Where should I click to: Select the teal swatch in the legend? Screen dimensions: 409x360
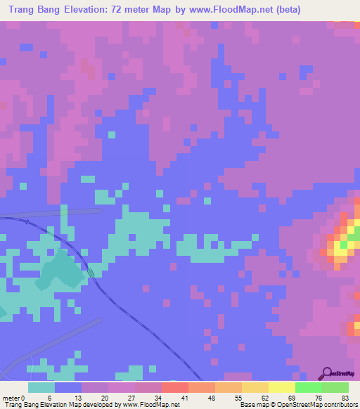pos(41,387)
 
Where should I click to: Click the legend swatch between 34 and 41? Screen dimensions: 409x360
pos(174,387)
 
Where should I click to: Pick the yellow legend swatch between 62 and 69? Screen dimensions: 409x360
pos(281,387)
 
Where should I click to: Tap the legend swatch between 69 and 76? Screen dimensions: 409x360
pos(308,387)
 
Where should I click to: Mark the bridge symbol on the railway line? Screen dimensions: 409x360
pos(92,273)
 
